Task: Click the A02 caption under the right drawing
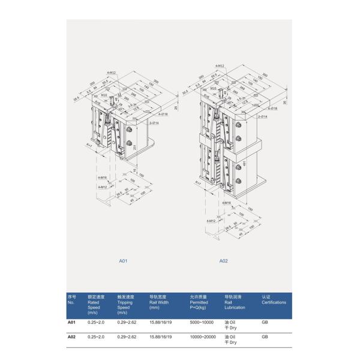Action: point(223,261)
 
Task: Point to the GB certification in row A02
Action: point(265,337)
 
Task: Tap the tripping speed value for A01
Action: point(127,323)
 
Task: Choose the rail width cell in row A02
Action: point(160,337)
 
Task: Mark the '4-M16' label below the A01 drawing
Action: point(101,178)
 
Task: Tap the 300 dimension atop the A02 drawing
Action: point(265,75)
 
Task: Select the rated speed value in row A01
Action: point(96,323)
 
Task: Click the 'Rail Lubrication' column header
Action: point(235,303)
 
